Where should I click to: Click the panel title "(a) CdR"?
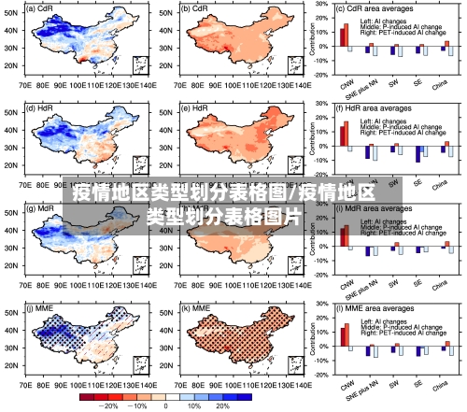(x=42, y=7)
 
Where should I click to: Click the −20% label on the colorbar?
(x=109, y=406)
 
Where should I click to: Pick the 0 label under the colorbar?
(x=166, y=406)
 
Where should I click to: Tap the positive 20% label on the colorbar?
(x=222, y=406)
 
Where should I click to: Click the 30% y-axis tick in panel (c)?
(x=321, y=5)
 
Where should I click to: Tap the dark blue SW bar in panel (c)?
(x=392, y=50)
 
